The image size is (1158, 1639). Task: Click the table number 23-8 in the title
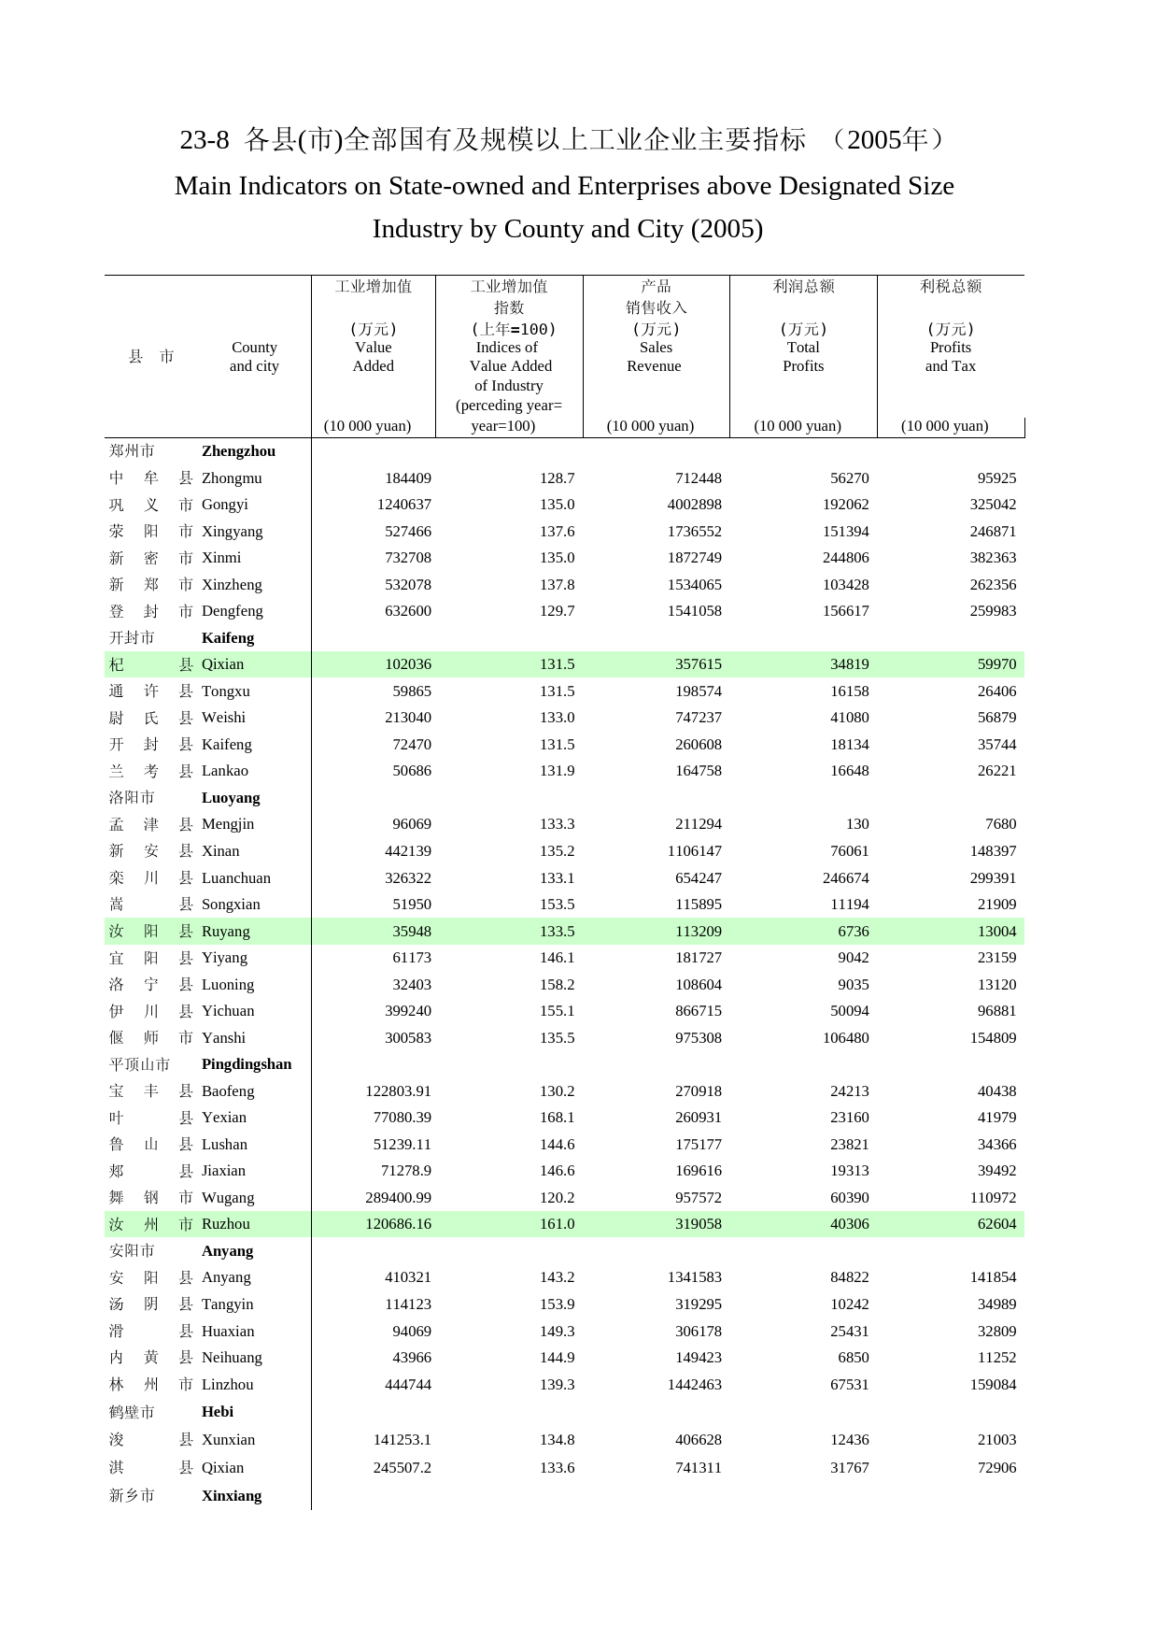coord(204,140)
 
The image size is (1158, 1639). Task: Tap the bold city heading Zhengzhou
coord(238,451)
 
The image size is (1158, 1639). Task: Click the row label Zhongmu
coord(232,478)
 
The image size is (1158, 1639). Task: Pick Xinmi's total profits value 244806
coord(845,558)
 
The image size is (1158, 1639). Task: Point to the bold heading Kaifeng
coord(228,638)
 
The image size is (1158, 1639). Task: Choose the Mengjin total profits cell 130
coord(857,824)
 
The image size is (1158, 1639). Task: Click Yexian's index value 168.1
coord(557,1118)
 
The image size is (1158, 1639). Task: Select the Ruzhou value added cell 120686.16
coord(398,1224)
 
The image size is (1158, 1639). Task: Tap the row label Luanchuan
coord(236,878)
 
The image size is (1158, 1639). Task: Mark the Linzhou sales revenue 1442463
coord(694,1385)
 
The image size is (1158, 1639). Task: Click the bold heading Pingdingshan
coord(247,1064)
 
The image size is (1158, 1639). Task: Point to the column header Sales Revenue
coord(655,356)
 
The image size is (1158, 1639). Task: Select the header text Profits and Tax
coord(951,356)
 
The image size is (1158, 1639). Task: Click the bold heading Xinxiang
coord(232,1496)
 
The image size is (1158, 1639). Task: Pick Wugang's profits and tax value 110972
coord(993,1198)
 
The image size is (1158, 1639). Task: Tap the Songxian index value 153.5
coord(557,905)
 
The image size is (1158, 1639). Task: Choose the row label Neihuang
coord(232,1358)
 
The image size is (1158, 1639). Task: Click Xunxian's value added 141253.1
coord(402,1440)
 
